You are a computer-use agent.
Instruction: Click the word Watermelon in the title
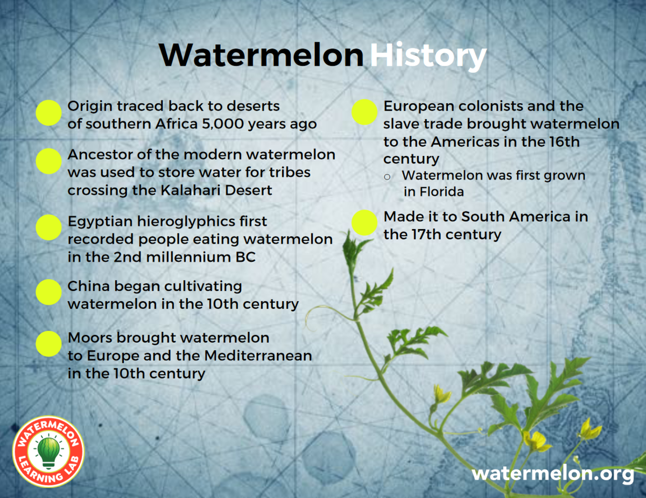(261, 55)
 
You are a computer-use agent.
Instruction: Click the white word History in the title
(428, 55)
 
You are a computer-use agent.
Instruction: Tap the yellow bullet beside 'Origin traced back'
(48, 113)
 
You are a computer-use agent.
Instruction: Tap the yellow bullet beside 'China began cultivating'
(48, 292)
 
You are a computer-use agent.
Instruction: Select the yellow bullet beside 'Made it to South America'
(364, 223)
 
